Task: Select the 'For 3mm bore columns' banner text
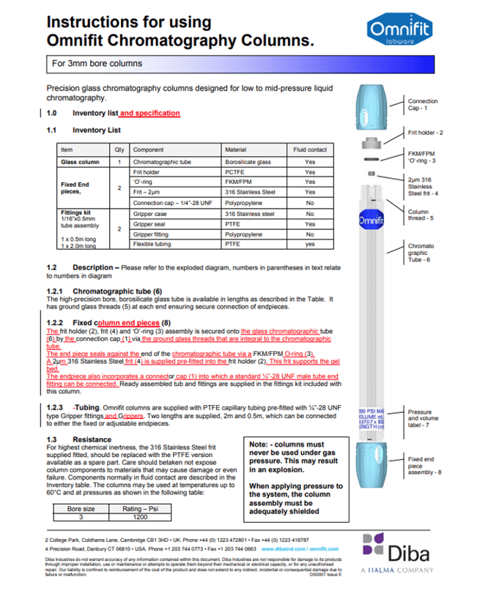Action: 97,64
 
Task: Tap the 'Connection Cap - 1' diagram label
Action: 423,105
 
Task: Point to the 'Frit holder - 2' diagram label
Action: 427,133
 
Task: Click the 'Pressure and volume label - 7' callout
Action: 423,418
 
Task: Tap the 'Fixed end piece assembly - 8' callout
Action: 424,464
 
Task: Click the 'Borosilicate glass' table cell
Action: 248,162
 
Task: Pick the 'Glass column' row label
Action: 80,162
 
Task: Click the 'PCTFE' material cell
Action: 237,171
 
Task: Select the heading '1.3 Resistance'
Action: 72,439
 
